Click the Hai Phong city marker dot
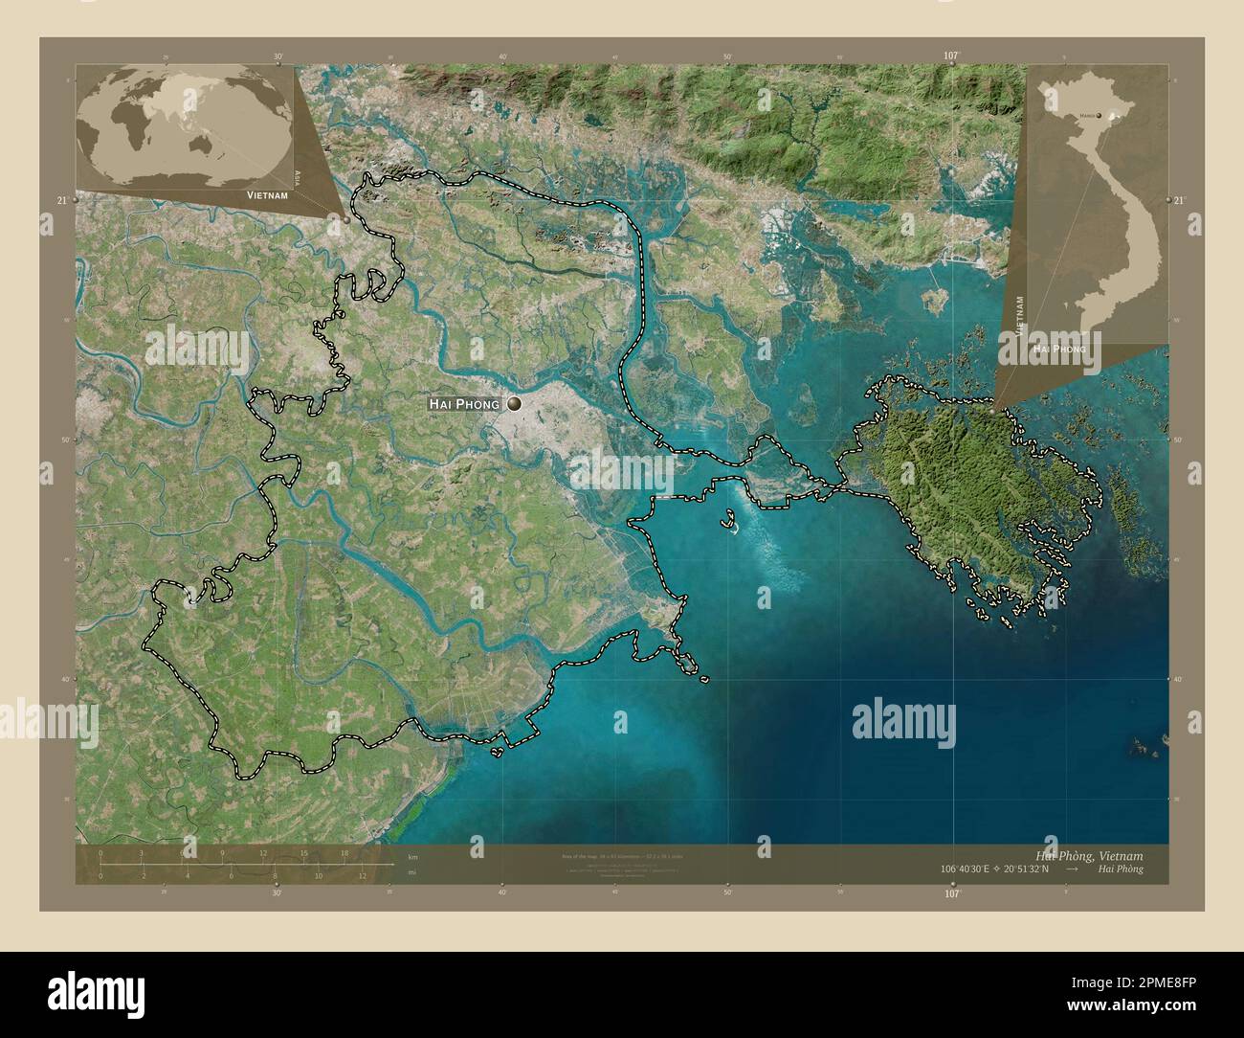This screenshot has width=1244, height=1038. tap(516, 405)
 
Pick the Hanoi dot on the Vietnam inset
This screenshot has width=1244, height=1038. tap(1099, 116)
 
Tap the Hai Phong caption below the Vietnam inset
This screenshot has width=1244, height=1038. tap(1058, 350)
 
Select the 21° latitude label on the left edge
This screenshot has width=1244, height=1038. tap(62, 200)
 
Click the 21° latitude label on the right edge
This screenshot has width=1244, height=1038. tap(1179, 200)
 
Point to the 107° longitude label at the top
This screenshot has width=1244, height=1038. tap(950, 56)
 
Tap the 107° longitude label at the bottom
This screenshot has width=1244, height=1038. tap(950, 893)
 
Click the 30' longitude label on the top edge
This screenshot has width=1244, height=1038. tap(278, 56)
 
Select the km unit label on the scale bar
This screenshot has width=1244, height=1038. tap(412, 856)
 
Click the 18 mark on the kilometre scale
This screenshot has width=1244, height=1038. tap(344, 852)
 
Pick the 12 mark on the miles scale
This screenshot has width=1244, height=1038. tap(363, 875)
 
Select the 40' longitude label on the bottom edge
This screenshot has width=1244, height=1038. tap(501, 893)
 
